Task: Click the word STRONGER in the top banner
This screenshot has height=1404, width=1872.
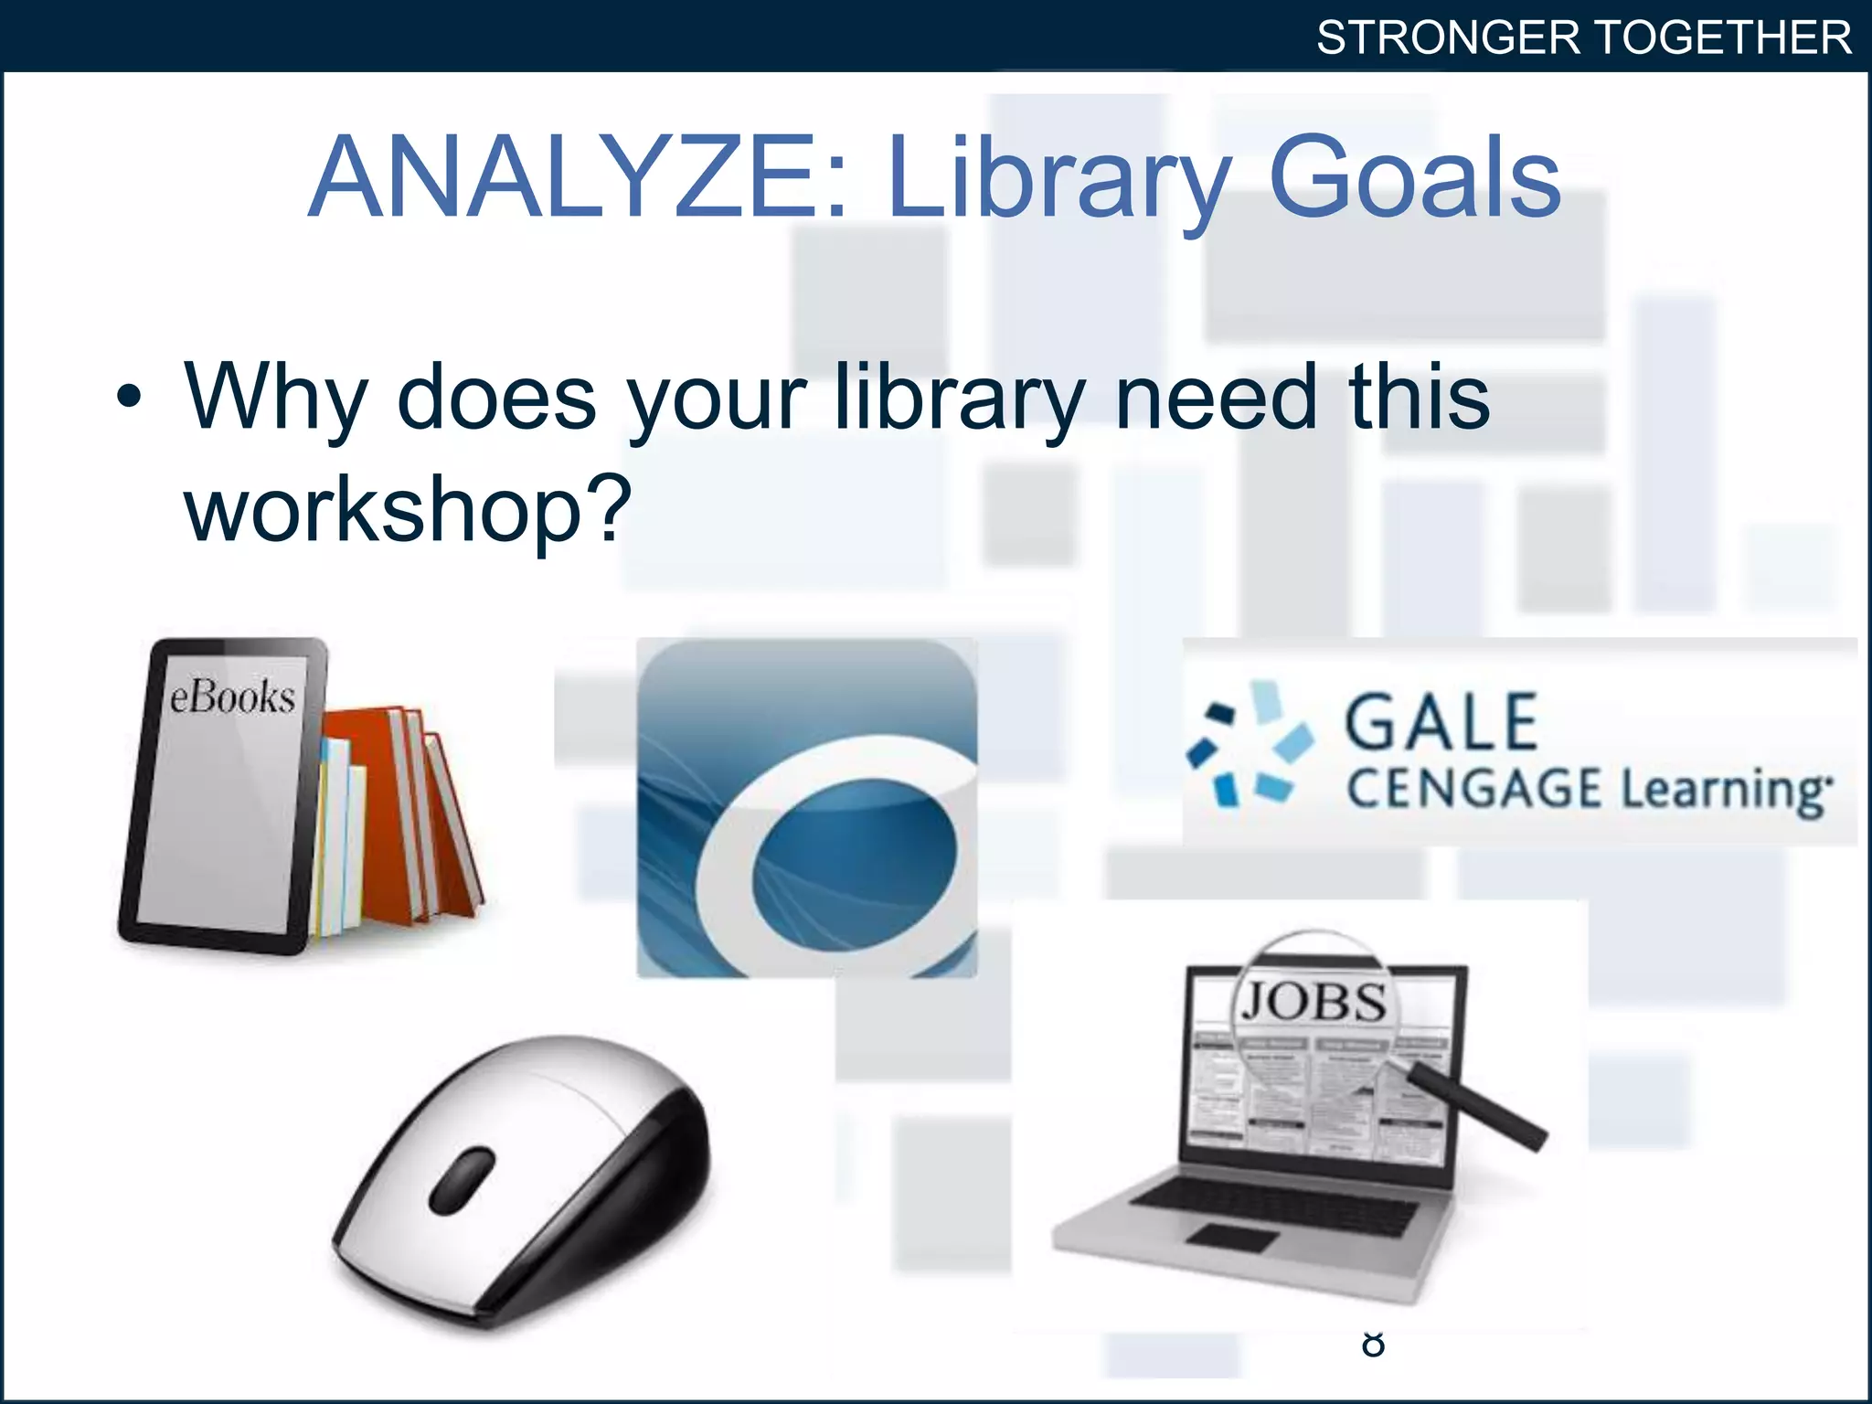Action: pos(1448,38)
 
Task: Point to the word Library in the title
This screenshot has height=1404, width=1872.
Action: pos(1059,177)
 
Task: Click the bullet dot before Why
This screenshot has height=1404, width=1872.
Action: pos(130,398)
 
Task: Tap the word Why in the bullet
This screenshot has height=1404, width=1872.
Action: pos(275,398)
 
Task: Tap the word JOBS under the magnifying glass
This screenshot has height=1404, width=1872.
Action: pos(1314,1002)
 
